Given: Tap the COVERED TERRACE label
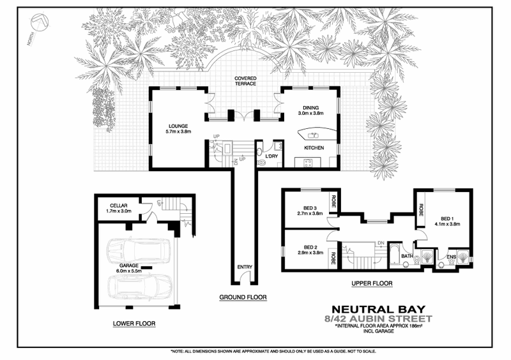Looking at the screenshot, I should (245, 80).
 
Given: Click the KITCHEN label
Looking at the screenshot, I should (314, 148).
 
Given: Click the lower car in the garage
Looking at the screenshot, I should (138, 288).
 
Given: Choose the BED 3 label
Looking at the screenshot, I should (311, 209).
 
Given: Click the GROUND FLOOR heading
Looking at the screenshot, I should (243, 297).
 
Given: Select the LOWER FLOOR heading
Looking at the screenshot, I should (134, 324).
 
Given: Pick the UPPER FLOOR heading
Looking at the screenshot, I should (371, 283).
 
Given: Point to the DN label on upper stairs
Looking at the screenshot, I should (381, 243).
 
